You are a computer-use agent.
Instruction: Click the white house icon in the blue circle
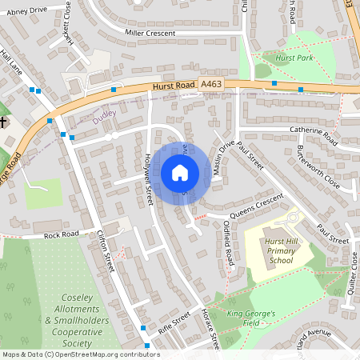click(180, 172)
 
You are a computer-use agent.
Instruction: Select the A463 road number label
click(211, 83)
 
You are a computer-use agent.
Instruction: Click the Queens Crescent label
click(257, 206)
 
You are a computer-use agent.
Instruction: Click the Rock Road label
click(62, 234)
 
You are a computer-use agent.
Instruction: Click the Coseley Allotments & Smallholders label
click(72, 321)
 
